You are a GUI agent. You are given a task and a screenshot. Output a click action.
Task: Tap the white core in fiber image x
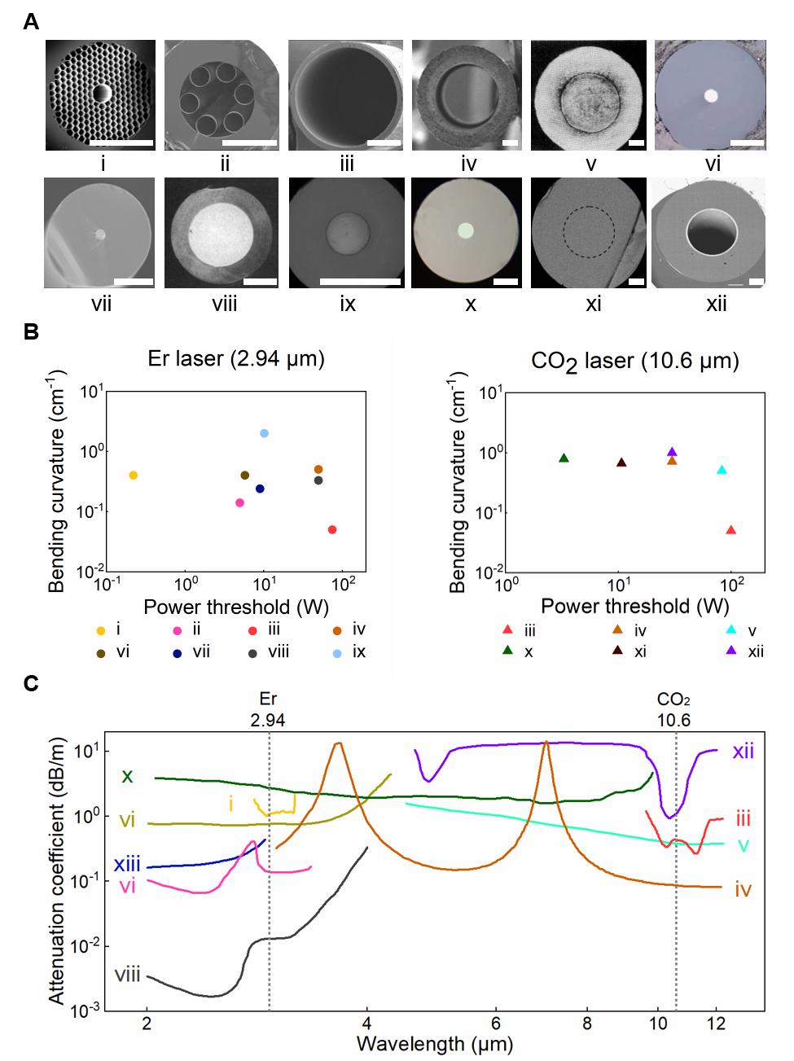coord(465,230)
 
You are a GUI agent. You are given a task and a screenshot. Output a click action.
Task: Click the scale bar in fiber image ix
coord(361,282)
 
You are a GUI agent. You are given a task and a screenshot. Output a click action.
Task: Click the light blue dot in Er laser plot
coord(264,432)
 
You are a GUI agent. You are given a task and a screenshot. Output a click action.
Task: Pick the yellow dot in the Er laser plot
coord(134,475)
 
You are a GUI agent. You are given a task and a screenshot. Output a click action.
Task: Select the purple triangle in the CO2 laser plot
coord(672,452)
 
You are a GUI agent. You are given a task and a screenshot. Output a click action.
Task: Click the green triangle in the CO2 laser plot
coord(564,458)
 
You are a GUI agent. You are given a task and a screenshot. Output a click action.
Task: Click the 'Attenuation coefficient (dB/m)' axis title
coord(57,867)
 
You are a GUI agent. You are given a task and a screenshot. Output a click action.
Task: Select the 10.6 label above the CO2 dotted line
coord(674,719)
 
